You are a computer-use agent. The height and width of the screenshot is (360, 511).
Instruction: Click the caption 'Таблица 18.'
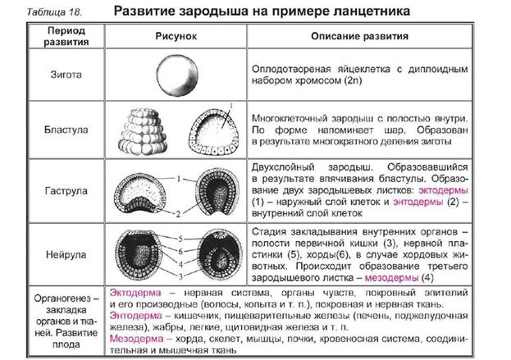click(54, 12)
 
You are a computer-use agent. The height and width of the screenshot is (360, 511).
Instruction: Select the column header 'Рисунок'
click(176, 36)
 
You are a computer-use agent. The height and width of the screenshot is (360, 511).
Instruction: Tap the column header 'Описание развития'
click(359, 36)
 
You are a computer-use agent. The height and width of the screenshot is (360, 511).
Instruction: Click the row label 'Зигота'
click(66, 75)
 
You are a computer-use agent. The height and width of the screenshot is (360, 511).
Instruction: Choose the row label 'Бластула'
click(66, 130)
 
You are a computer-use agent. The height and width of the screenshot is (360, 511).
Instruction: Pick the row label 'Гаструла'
click(66, 190)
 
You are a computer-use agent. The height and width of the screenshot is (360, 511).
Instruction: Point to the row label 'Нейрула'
click(66, 254)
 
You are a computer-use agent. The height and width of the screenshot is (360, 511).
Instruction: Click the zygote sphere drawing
click(177, 75)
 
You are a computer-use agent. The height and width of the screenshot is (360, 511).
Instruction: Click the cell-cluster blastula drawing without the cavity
click(143, 131)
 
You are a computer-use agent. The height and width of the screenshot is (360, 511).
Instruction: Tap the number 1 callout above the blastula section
click(231, 106)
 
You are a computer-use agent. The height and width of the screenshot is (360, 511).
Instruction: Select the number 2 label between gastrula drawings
click(178, 214)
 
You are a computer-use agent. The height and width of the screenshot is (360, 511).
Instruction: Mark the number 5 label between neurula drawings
click(180, 239)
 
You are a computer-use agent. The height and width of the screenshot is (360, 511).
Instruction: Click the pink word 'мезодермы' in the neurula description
click(391, 278)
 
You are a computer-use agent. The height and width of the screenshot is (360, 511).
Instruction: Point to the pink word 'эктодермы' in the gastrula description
click(443, 190)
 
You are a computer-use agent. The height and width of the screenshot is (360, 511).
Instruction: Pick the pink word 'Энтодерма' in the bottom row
click(135, 316)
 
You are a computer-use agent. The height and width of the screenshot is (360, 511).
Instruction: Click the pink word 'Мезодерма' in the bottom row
click(136, 339)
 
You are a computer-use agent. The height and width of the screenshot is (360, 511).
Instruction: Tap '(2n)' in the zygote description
click(353, 80)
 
